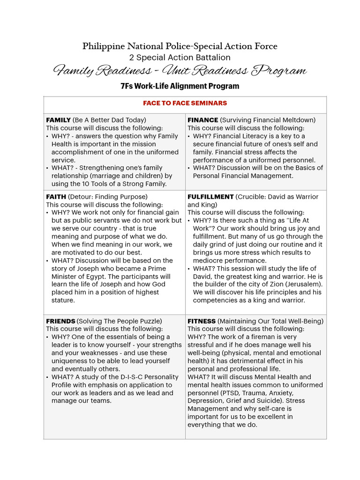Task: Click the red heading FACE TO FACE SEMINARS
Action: [185, 103]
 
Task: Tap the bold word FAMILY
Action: [58, 120]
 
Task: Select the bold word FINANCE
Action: [202, 120]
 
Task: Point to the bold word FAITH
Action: [56, 197]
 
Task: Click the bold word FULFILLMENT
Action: [210, 197]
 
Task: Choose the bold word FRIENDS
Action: [60, 321]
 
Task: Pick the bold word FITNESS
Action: [202, 321]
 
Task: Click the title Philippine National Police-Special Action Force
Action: [180, 46]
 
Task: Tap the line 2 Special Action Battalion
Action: [180, 58]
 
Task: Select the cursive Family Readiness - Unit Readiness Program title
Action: [180, 71]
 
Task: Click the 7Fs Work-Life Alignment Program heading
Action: [180, 86]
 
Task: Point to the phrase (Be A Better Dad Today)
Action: [109, 120]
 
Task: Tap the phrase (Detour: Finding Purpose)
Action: [108, 197]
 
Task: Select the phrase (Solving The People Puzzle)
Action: [120, 321]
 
